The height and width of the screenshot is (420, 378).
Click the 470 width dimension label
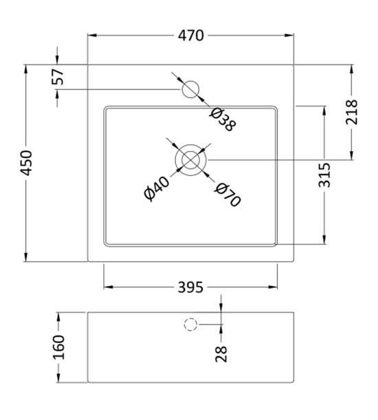[190, 36]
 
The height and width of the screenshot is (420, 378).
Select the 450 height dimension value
[26, 163]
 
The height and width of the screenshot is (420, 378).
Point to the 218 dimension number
[351, 113]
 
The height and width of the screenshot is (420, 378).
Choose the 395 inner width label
[190, 287]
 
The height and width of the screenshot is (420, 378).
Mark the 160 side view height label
[58, 347]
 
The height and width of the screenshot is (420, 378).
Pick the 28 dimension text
[221, 353]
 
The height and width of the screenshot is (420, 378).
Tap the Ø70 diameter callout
[226, 195]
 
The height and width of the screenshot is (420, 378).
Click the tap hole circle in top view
[190, 89]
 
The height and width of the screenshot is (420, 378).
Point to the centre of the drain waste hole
[190, 159]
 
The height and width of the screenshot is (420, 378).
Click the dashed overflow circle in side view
[190, 324]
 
